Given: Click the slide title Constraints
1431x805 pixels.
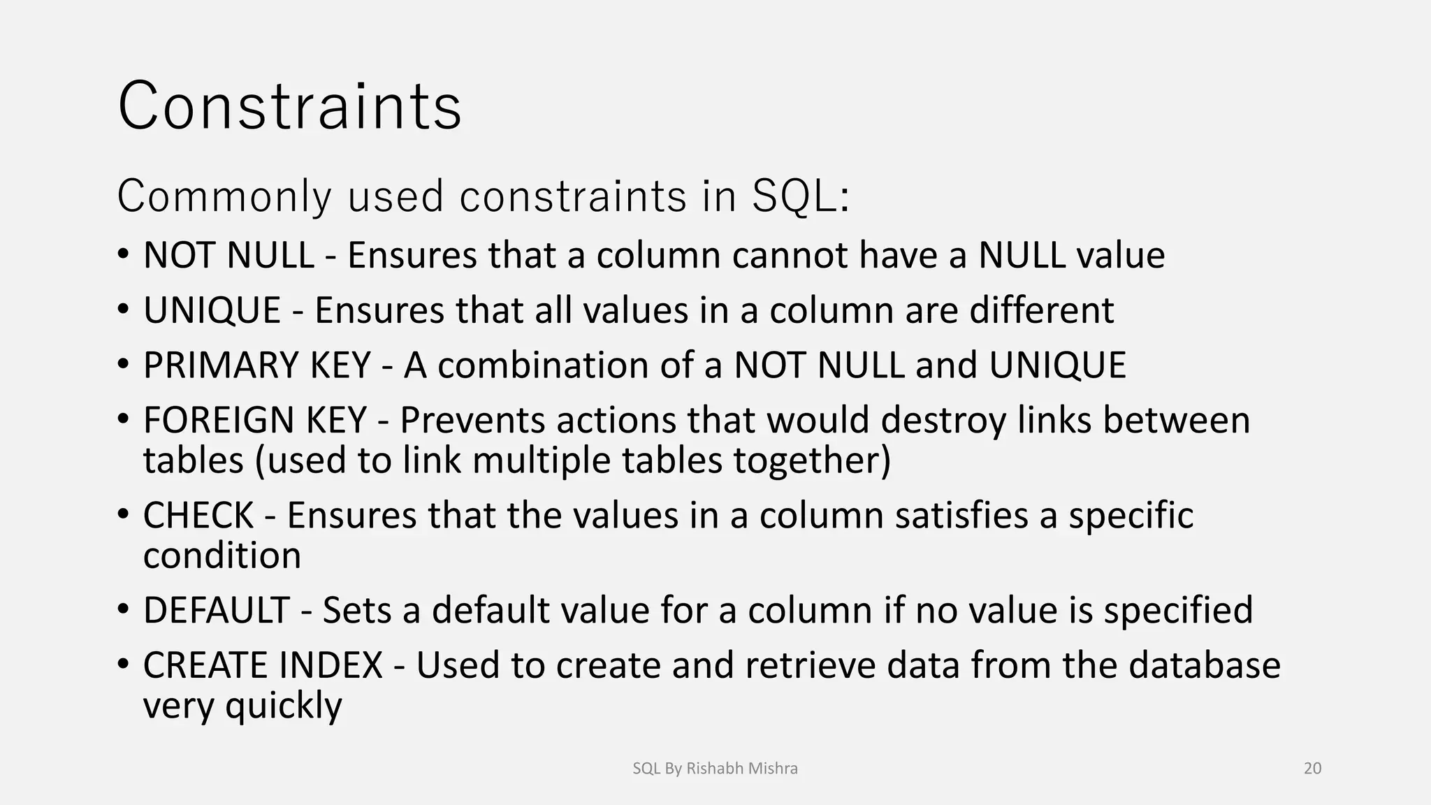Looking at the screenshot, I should click(289, 106).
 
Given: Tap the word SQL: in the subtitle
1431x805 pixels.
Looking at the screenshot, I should click(800, 196).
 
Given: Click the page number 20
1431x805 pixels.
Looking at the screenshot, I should click(1312, 769).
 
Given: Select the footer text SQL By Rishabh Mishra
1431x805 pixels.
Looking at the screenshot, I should click(715, 769).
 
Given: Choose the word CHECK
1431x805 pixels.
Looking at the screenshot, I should click(198, 516).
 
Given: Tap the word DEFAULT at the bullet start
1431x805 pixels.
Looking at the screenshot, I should click(216, 611).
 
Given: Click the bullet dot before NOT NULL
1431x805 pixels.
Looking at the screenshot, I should click(123, 253).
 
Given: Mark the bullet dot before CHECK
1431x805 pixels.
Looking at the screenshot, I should click(123, 514).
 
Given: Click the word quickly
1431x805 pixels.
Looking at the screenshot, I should click(284, 706).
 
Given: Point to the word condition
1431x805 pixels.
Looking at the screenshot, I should click(222, 556).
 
